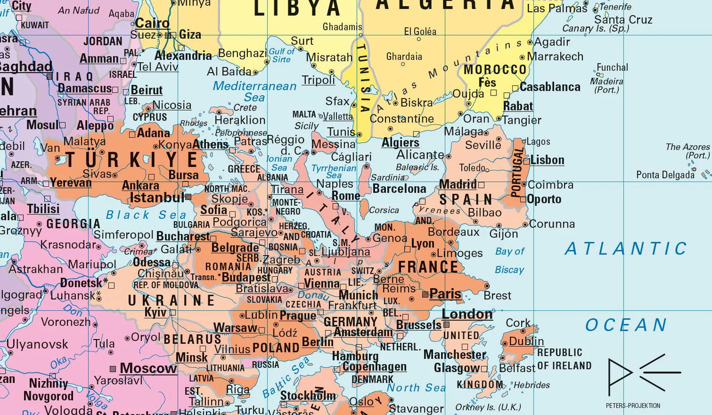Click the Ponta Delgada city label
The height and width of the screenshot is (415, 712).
665,175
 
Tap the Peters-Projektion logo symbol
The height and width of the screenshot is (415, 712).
644,374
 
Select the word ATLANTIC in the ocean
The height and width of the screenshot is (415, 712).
626,248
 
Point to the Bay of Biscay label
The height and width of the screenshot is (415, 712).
509,260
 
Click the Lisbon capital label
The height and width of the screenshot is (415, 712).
547,160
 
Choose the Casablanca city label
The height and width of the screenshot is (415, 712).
550,87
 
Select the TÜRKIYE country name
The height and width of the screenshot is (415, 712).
132,160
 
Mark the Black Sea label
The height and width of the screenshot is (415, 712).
146,215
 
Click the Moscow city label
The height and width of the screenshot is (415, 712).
148,368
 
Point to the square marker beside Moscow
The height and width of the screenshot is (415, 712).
113,369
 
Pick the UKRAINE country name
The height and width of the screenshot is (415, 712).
171,300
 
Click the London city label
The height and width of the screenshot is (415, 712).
467,314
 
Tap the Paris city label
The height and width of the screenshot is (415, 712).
445,294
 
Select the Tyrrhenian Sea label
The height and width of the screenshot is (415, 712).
334,171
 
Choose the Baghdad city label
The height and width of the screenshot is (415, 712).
26,66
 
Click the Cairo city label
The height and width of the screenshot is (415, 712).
152,23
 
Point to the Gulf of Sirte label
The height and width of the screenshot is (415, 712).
281,55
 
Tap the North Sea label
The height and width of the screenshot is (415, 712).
416,387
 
